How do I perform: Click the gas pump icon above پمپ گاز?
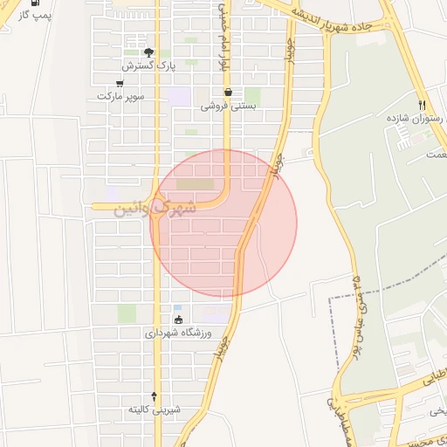35,3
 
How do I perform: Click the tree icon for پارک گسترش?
148,52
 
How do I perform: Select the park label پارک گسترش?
148,65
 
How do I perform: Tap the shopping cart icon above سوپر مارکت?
120,84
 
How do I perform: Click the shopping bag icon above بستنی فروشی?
228,92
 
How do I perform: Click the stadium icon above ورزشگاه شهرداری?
180,319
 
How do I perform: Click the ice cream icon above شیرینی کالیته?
155,395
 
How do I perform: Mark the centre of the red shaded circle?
223,223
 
